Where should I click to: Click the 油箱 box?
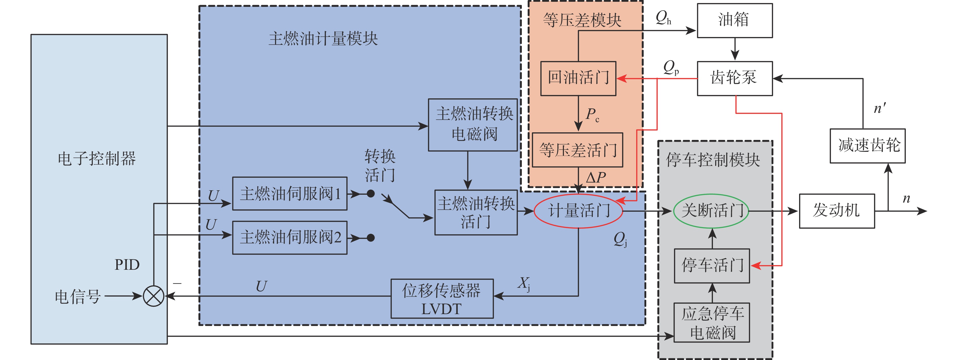pos(734,21)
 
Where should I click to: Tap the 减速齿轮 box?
pos(867,146)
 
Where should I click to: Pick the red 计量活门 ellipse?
pos(579,211)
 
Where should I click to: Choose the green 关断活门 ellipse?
pos(711,211)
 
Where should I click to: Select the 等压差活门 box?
pos(578,150)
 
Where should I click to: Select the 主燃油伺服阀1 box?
pos(290,194)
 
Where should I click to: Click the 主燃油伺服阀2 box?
pos(290,238)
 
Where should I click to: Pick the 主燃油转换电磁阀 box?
pos(473,124)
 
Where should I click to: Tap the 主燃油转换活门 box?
pos(476,212)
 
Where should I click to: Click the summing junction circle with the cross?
pos(154,296)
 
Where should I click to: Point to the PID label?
pos(127,265)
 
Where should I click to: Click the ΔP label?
pos(595,178)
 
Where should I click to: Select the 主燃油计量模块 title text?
pos(323,39)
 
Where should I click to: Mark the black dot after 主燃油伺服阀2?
pos(371,238)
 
